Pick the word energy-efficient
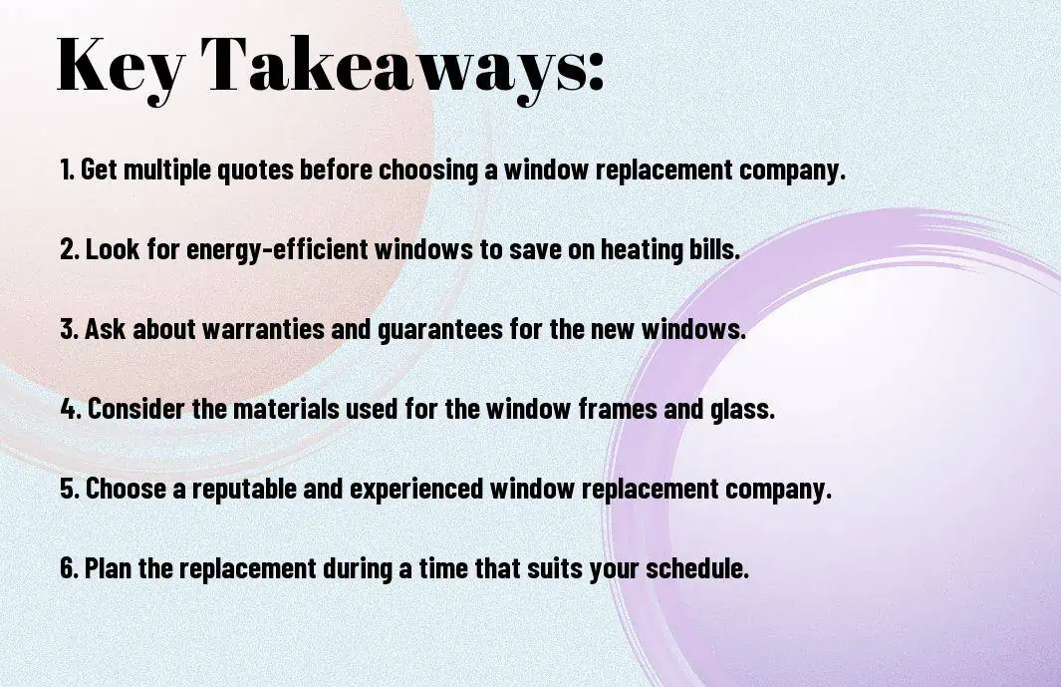coord(277,249)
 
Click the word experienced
coord(416,490)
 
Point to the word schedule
coord(697,567)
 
